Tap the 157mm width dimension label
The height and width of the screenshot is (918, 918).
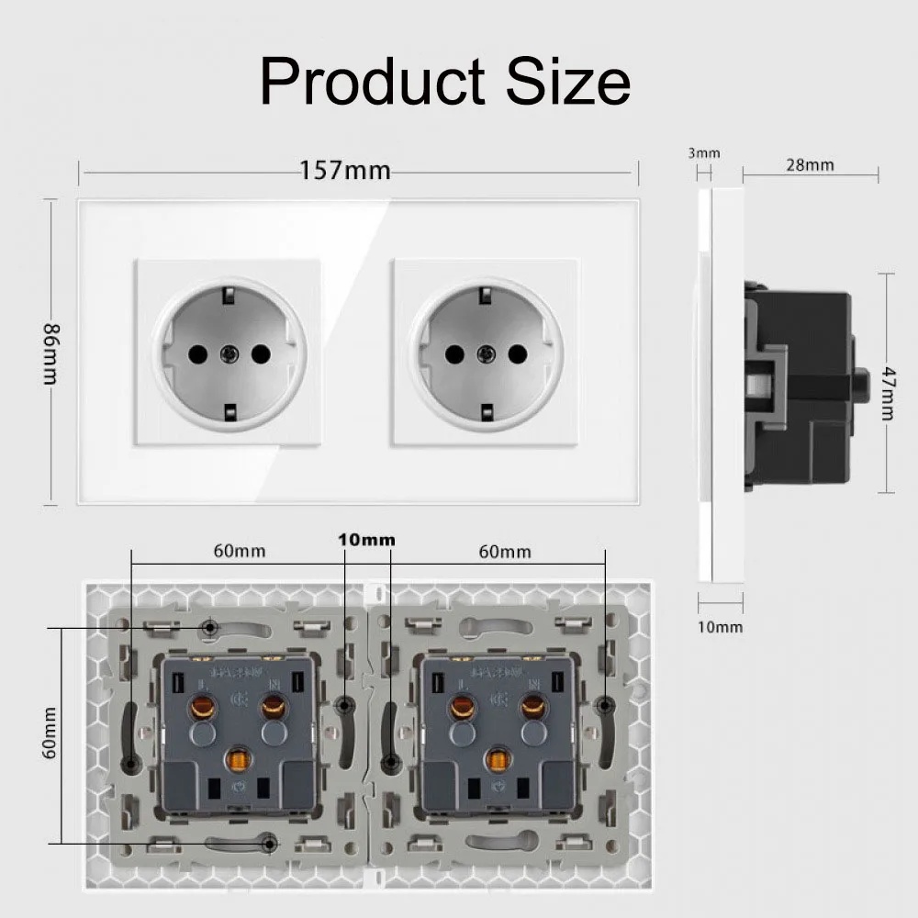point(346,171)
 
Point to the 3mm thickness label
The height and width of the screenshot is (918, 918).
point(704,153)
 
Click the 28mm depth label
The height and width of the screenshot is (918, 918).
point(810,165)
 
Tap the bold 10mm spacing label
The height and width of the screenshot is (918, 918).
point(366,540)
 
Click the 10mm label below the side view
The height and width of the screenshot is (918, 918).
point(721,627)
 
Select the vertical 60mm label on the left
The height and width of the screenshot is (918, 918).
point(50,732)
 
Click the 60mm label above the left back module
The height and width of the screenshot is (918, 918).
point(240,551)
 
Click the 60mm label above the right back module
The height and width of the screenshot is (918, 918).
point(505,551)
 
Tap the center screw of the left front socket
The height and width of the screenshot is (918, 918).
point(228,352)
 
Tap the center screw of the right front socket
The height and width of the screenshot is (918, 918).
point(486,352)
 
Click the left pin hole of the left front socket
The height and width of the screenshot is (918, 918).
point(196,352)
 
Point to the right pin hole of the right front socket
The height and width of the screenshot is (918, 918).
point(518,352)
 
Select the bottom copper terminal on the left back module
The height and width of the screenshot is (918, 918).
point(240,760)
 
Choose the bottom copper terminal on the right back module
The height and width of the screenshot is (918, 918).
point(498,760)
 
